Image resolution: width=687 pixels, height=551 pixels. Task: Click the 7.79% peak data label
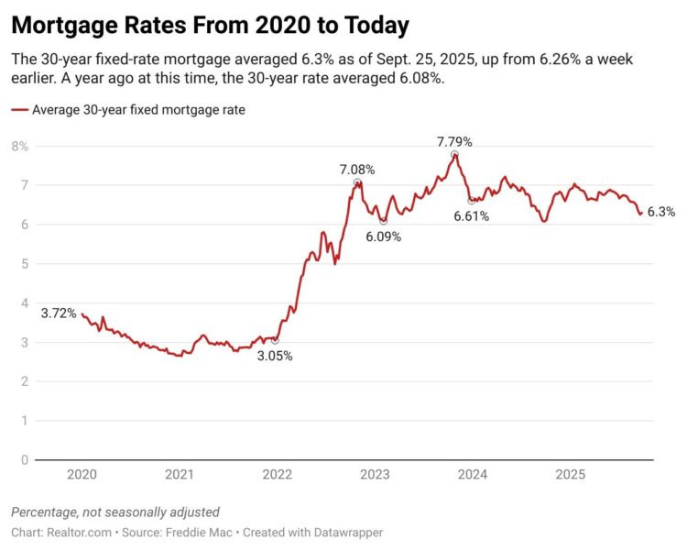(x=455, y=141)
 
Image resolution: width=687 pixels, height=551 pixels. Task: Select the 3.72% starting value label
(x=59, y=314)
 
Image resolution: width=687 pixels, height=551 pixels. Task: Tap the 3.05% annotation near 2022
(x=275, y=356)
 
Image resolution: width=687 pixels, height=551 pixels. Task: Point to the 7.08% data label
(x=356, y=170)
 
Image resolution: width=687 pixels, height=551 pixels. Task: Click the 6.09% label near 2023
(x=383, y=236)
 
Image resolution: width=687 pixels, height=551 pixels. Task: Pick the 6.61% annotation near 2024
(x=471, y=216)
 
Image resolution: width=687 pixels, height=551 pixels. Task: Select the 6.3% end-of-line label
(x=660, y=212)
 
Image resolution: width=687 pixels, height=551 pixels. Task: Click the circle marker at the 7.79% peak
(x=454, y=154)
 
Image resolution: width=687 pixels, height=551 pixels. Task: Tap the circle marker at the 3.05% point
(x=275, y=340)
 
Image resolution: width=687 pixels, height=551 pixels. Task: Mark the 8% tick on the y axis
(x=19, y=147)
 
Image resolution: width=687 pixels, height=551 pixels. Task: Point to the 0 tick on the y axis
(x=25, y=459)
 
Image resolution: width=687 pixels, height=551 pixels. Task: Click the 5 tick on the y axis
(x=25, y=264)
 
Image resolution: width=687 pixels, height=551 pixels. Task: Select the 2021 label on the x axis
(x=180, y=475)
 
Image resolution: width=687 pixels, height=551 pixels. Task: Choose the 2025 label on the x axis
(x=570, y=475)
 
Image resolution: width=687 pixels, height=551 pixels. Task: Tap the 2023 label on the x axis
(x=375, y=475)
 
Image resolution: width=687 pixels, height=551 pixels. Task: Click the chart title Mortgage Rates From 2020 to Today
(x=210, y=24)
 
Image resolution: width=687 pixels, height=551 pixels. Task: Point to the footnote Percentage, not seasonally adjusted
(x=114, y=512)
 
